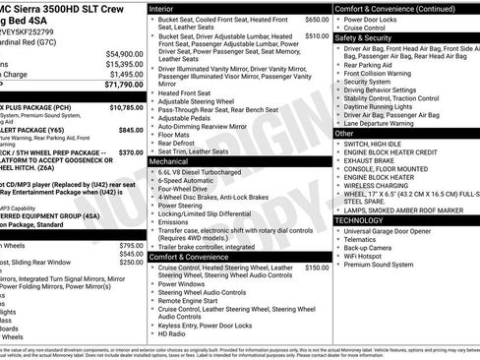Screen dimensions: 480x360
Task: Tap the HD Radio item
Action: click(x=172, y=333)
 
